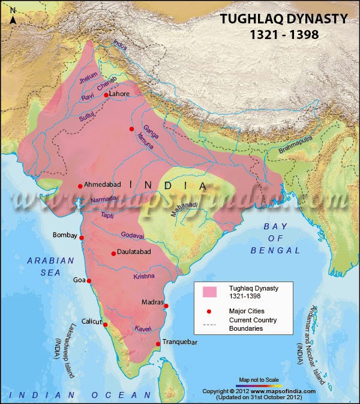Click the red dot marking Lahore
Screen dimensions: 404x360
point(106,95)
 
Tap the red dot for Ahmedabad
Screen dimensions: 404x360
point(80,186)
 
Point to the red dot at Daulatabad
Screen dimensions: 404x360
point(113,253)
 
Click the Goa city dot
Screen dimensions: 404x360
point(89,280)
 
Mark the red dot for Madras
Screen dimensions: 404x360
point(166,306)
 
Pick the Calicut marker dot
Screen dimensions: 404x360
point(106,325)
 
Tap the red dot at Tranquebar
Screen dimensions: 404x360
point(158,344)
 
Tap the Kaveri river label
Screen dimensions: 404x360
point(142,329)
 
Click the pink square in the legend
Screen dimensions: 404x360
point(209,292)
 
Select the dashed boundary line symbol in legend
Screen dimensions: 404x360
point(209,325)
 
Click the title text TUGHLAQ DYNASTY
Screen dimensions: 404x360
point(284,19)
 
